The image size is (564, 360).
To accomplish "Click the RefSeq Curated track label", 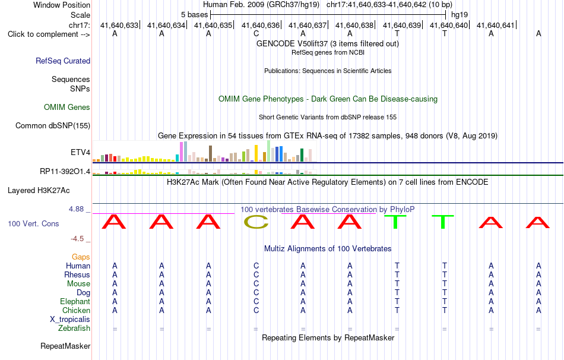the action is coord(63,61).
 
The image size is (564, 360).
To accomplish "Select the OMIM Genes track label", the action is coord(67,108).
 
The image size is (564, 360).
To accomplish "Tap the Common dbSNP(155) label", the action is coord(53,125).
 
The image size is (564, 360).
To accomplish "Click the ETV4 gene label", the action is coord(81,152).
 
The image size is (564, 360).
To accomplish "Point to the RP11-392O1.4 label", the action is coord(65,171).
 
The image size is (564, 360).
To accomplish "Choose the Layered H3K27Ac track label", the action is coord(39,191).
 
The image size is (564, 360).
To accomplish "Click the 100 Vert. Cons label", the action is coord(33,223).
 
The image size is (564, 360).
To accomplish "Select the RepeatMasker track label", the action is coord(65,346).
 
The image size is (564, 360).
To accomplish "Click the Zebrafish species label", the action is coord(74,329).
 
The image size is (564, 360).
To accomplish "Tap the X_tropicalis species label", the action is coord(70,320).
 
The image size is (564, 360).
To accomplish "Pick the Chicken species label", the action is coord(76,310).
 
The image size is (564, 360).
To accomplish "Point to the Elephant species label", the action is coord(75,301).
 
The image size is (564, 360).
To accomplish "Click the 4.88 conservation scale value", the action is coord(76,209).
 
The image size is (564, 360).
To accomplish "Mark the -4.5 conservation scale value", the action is coord(77,239).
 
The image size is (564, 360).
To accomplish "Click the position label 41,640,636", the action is coord(261,25).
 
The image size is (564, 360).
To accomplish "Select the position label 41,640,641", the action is coord(496,25).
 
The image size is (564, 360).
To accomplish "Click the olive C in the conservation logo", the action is coord(256,222).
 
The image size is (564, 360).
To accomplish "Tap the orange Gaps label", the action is coord(81,257).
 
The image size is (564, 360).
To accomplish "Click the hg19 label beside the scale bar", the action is coord(460,15).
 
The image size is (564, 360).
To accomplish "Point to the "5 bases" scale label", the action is coord(194,15).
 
